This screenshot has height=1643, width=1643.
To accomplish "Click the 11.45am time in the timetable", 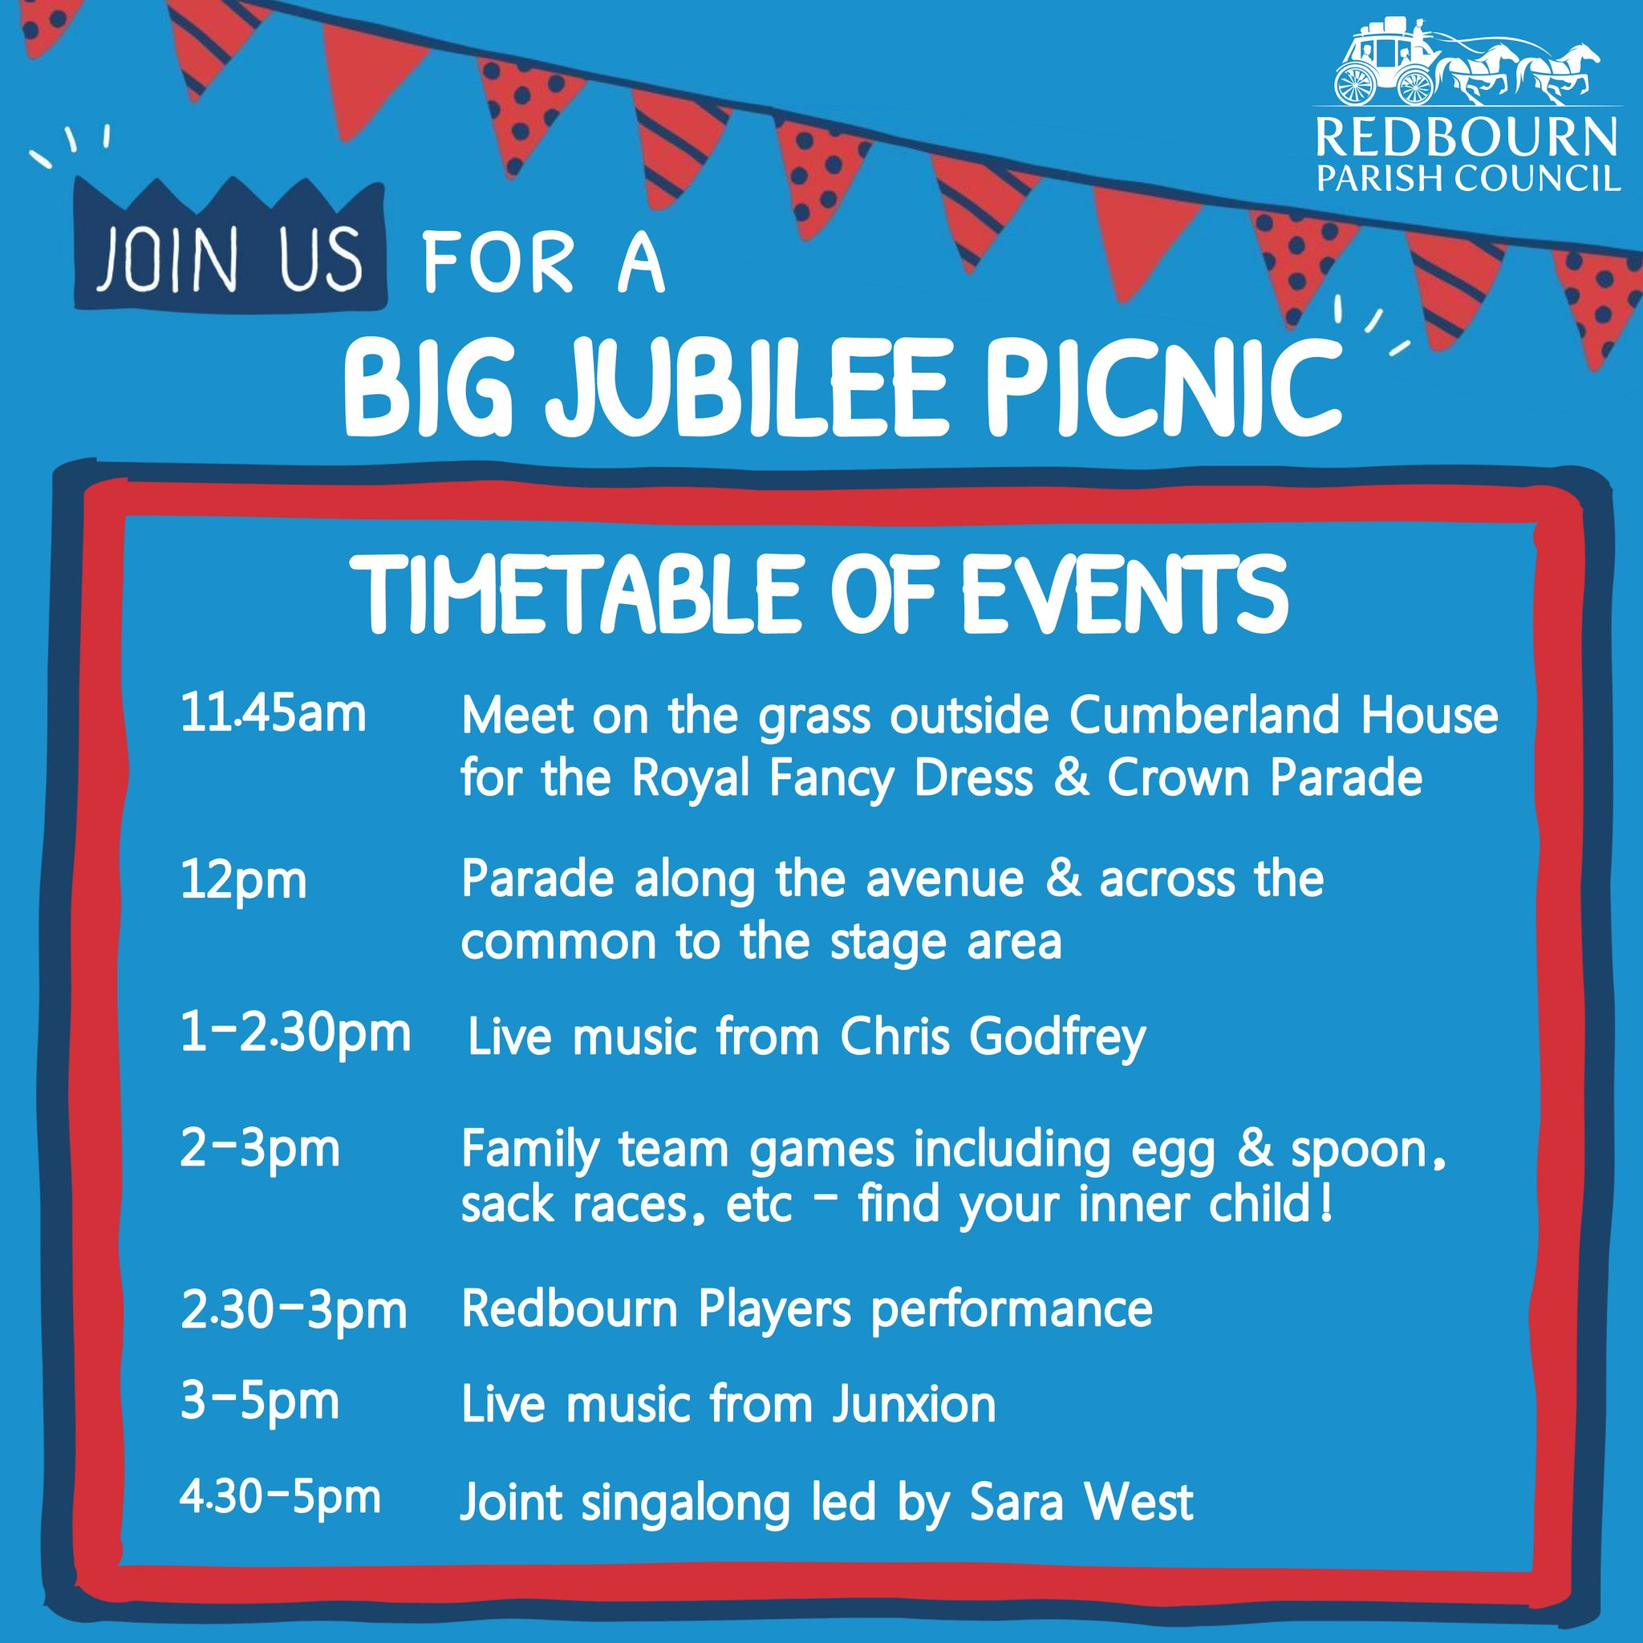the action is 273,715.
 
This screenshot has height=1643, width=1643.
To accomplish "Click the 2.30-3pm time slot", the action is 294,1312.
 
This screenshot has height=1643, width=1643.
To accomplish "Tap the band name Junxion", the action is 913,1405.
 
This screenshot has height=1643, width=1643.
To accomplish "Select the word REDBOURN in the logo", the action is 1467,139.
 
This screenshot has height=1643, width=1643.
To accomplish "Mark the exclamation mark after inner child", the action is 1326,1208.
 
